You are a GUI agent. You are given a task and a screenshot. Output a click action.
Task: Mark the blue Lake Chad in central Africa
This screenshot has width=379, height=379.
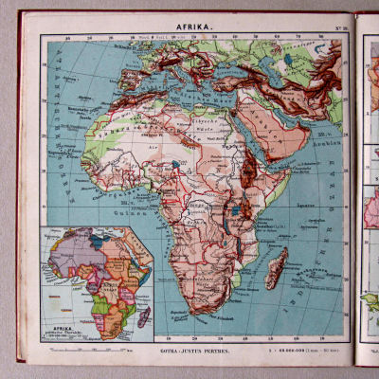pos(178,166)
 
